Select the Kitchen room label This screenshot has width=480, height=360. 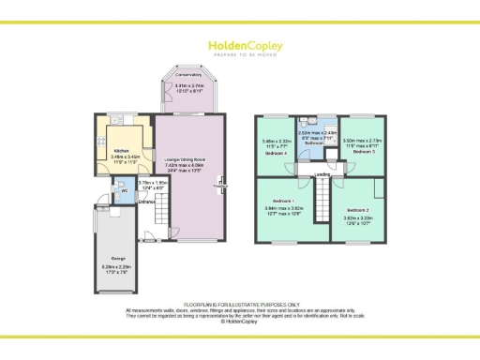(121, 150)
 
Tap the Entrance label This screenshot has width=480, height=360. (147, 202)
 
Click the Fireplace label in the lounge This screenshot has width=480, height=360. (220, 185)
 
